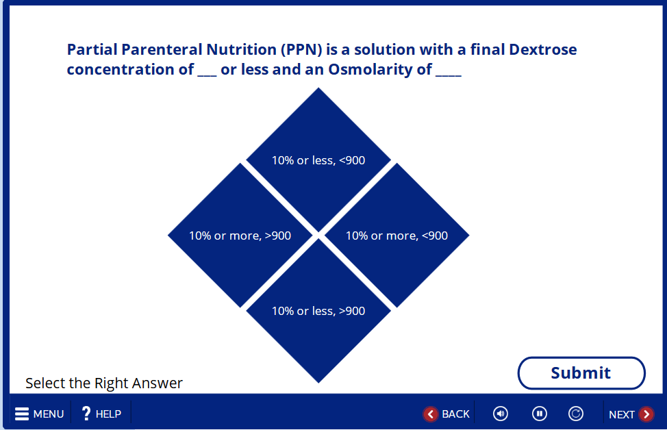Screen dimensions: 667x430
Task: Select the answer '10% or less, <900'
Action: point(318,160)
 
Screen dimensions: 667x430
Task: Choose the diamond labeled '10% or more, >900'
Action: point(240,236)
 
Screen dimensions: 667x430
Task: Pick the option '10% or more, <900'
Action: point(397,236)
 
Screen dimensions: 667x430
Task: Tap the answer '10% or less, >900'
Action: point(318,311)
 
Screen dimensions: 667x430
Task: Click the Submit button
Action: point(581,373)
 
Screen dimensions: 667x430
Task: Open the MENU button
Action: point(39,414)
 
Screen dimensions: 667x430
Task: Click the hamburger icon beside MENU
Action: point(22,414)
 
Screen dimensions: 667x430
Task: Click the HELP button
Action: point(101,414)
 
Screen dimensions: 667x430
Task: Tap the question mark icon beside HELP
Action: point(86,414)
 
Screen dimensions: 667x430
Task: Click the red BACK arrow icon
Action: point(431,414)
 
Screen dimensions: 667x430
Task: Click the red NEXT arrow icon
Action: point(646,414)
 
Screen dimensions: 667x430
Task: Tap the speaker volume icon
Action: point(501,414)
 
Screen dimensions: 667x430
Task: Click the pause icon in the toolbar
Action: point(540,414)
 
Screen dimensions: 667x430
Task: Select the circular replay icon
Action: point(575,414)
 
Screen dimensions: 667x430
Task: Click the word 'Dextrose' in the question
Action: point(543,49)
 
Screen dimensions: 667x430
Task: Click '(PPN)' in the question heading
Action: point(301,50)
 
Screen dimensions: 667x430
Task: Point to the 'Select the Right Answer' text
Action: point(104,383)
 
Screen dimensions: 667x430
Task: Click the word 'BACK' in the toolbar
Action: point(455,414)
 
